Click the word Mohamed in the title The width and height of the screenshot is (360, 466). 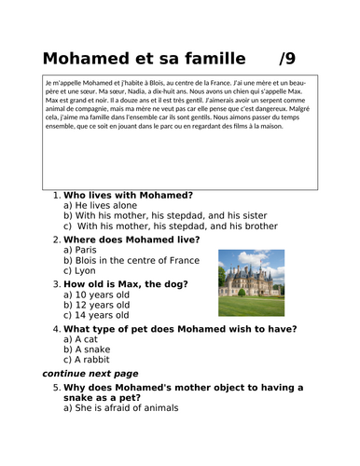(88, 58)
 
